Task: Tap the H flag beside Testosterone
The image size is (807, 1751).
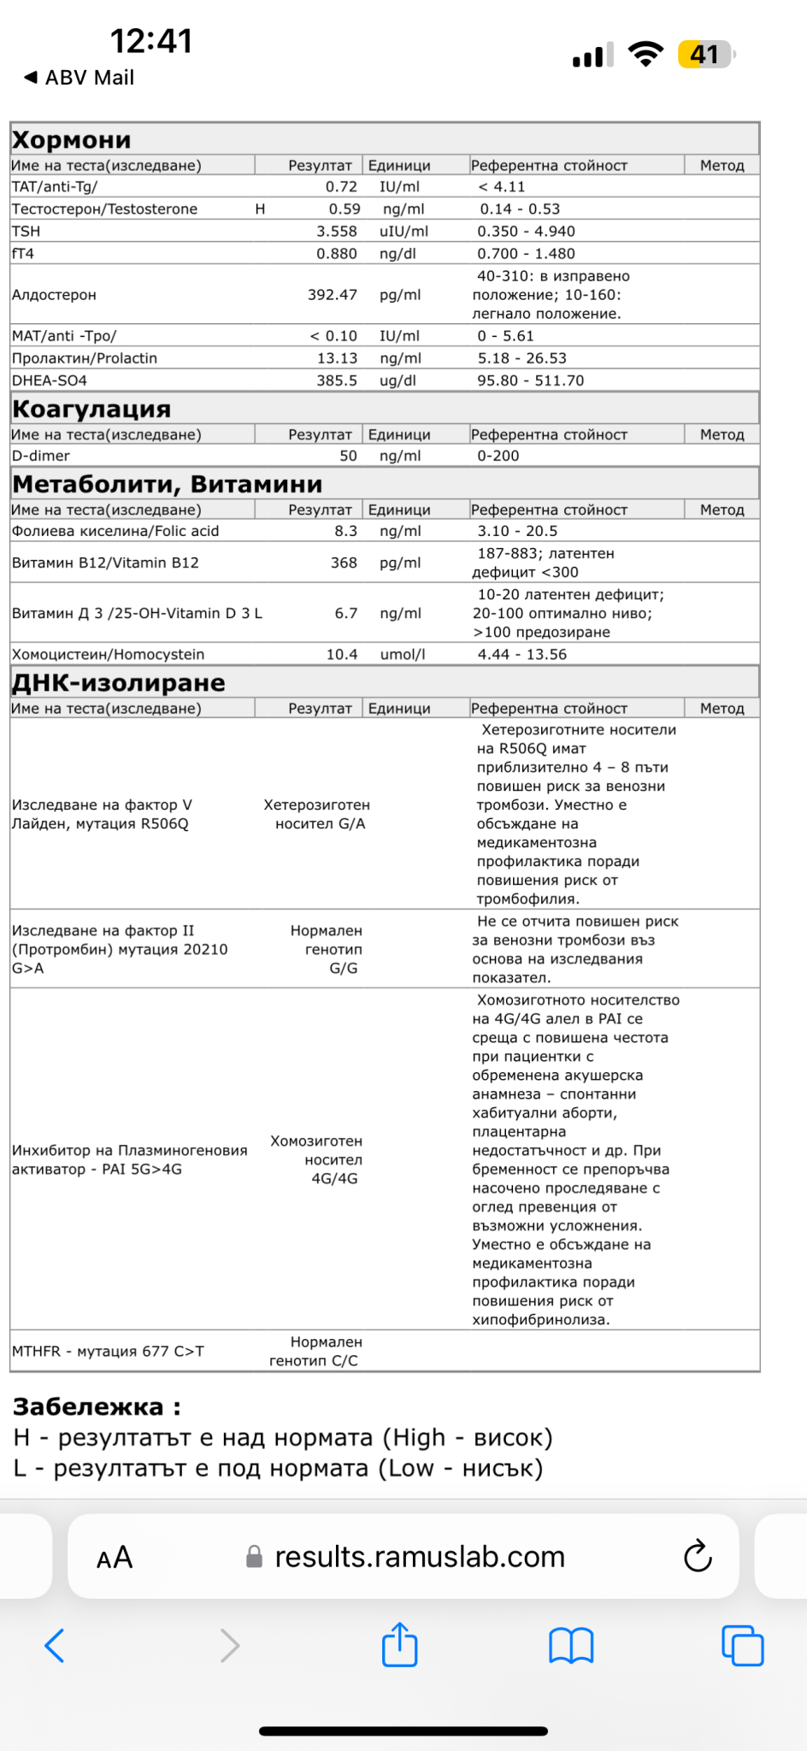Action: coord(260,209)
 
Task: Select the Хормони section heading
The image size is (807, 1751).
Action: coord(72,140)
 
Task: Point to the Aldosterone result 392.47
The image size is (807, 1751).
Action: coord(332,295)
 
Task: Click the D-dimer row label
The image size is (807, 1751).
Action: coord(41,456)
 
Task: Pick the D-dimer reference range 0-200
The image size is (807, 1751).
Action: coord(498,456)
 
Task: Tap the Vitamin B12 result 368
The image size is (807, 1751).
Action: coord(344,563)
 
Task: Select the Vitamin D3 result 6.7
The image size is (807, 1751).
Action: coord(345,613)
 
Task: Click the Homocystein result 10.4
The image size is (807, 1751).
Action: coord(342,654)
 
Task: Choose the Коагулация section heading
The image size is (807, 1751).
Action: coord(91,410)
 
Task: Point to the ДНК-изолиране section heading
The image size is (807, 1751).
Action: coord(119,683)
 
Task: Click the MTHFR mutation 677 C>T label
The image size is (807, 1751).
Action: coord(108,1352)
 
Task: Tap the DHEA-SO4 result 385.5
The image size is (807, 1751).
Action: coord(337,380)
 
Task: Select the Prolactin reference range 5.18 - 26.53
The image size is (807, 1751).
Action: coord(521,358)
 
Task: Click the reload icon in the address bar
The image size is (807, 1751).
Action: coord(698,1556)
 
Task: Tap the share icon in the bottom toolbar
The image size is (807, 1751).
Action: coord(399,1645)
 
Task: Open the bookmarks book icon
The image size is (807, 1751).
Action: coord(571,1645)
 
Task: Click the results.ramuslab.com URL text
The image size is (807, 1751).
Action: coord(419,1557)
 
